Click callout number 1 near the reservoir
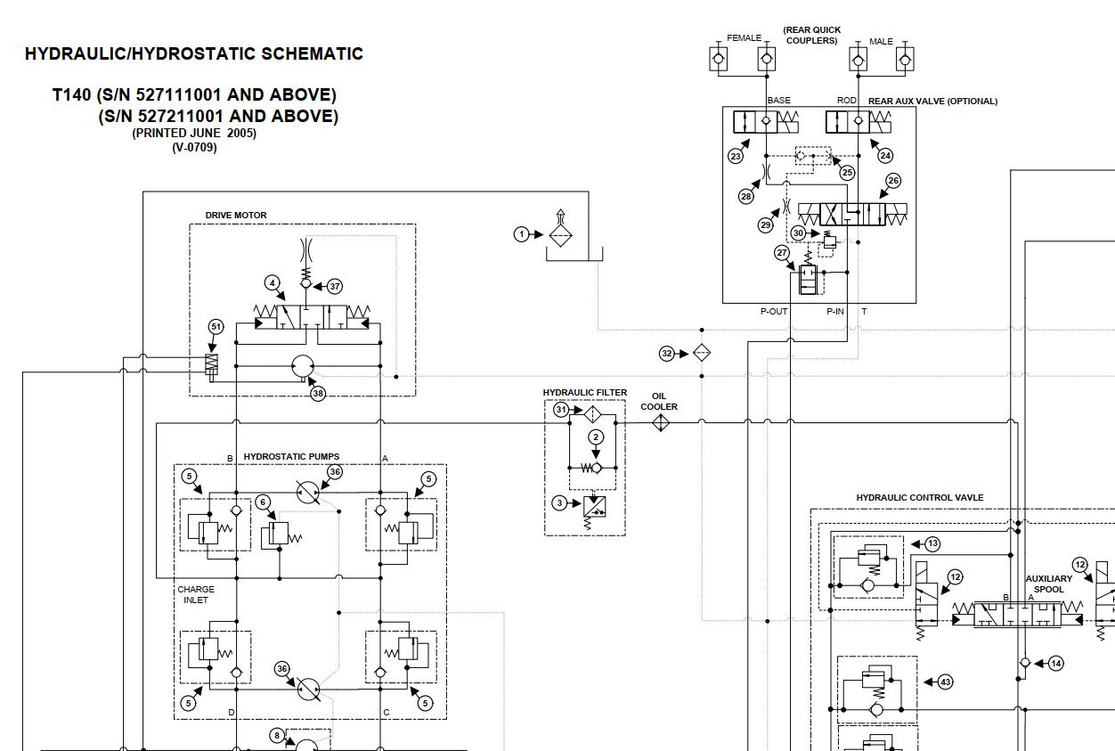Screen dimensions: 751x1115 coord(521,234)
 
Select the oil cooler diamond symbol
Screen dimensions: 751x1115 coord(660,424)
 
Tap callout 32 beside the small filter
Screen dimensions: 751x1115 coord(667,354)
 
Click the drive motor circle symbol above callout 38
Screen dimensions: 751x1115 coord(305,365)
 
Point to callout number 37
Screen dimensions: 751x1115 coord(335,287)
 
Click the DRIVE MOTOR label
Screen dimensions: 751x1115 coord(236,216)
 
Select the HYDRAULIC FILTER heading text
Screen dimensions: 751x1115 coord(585,393)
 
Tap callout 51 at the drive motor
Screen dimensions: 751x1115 coord(216,327)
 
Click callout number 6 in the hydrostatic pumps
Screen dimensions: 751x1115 coord(263,502)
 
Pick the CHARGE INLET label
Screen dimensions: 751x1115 coord(196,594)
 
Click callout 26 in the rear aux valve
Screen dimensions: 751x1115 coord(892,181)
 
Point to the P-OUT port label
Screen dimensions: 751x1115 coord(773,312)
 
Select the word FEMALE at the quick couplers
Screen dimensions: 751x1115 coord(744,38)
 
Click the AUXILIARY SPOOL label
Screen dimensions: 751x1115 coord(1048,584)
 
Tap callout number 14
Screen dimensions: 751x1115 coord(1055,663)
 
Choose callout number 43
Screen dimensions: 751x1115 coord(945,682)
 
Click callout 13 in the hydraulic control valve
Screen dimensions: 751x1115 coord(932,543)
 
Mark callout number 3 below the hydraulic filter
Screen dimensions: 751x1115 coord(559,503)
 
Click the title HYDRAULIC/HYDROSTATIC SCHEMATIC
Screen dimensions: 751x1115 coord(194,53)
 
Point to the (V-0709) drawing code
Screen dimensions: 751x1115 coord(194,148)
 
